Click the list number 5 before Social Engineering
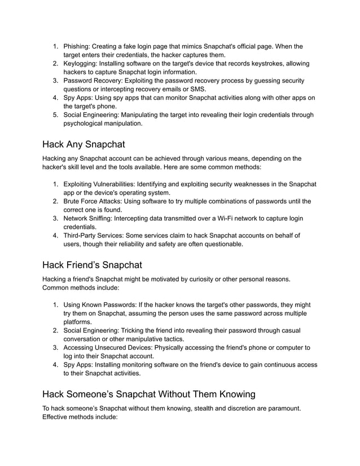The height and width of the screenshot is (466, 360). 55,115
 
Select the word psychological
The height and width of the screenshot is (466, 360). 90,124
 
